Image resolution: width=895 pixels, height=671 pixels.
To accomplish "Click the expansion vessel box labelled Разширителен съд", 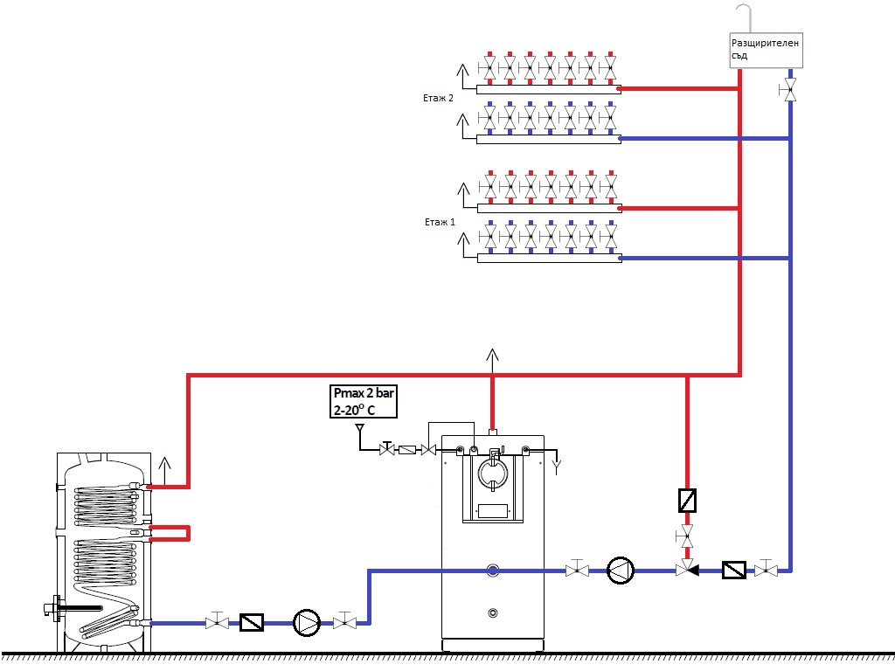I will (765, 48).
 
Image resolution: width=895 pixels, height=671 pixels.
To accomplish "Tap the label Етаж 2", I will (438, 99).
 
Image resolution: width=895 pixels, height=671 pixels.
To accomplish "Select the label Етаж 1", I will (438, 223).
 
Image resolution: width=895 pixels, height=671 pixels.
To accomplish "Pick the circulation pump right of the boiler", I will (620, 571).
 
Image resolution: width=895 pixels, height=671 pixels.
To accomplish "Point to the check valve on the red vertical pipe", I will (687, 501).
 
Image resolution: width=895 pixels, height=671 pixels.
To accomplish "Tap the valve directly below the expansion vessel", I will (790, 90).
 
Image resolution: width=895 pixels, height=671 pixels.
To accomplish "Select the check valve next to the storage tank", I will (252, 622).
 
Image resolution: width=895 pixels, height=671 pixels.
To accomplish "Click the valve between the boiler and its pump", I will (576, 571).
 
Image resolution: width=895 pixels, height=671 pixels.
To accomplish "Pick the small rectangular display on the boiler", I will (493, 510).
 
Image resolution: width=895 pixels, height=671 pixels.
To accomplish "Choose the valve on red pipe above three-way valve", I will (687, 534).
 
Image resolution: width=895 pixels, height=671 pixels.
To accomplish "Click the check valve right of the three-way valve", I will (733, 571).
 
